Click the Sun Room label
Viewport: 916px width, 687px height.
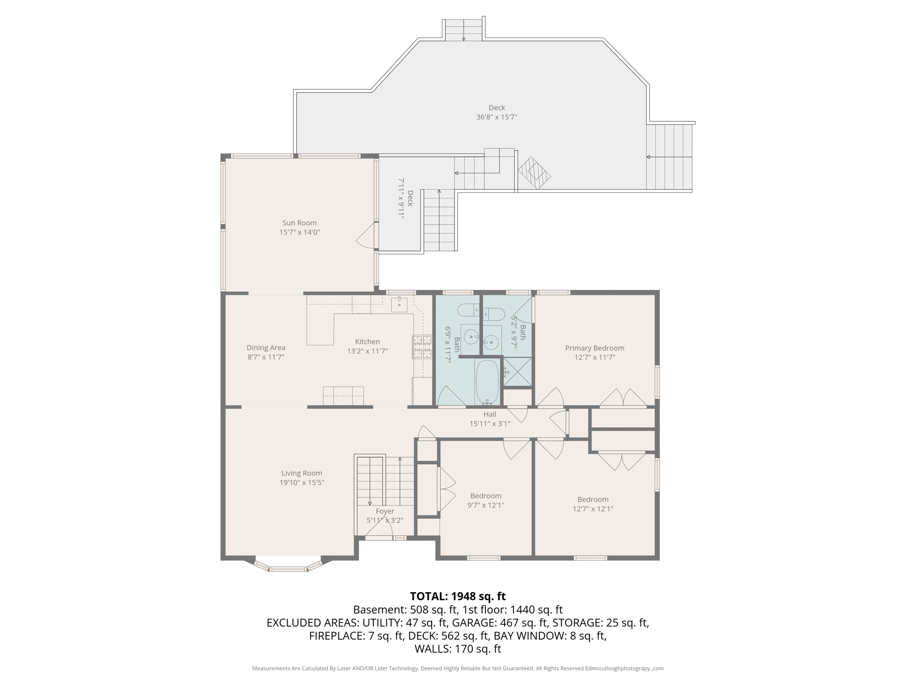tap(299, 223)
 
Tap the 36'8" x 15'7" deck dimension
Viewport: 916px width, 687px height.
tap(496, 117)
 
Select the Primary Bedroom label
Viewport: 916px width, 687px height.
tap(594, 348)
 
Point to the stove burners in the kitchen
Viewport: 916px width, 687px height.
tap(422, 347)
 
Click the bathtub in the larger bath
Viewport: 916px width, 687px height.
tap(487, 382)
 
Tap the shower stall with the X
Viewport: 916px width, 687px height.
tap(517, 372)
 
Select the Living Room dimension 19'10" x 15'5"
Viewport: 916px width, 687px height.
tap(301, 483)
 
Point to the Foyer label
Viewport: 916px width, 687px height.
tap(385, 511)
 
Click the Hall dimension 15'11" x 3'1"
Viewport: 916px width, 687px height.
tap(489, 424)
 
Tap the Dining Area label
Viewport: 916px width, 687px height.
tap(266, 348)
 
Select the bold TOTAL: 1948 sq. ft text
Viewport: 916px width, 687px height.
tap(458, 596)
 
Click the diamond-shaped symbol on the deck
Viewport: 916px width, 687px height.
tap(534, 173)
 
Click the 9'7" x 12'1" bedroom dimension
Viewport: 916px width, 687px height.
tap(486, 505)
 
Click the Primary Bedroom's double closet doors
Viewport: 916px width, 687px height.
tap(623, 398)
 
